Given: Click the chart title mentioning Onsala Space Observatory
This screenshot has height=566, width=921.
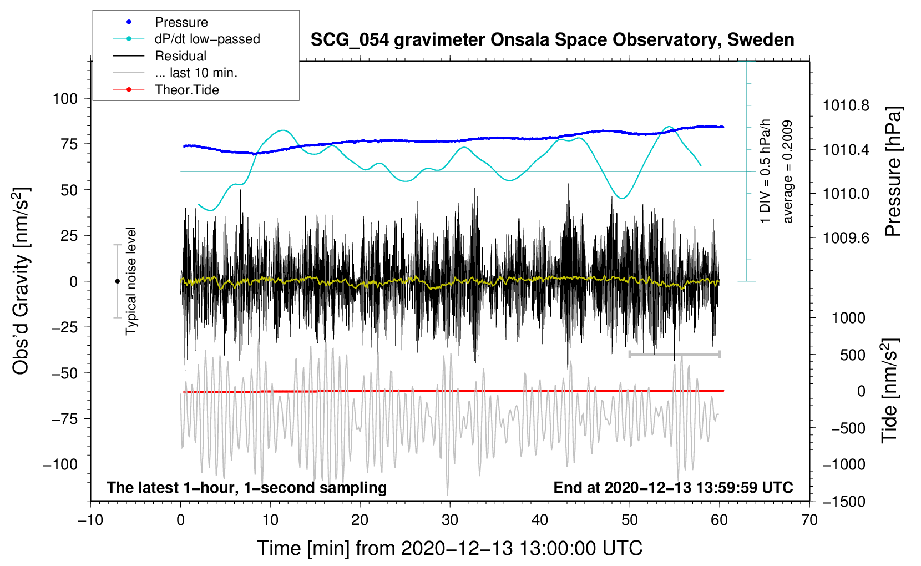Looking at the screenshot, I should [x=552, y=40].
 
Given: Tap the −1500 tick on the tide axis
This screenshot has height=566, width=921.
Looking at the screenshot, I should [x=843, y=502].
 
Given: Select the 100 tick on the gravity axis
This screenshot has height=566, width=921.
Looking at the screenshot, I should [x=65, y=99].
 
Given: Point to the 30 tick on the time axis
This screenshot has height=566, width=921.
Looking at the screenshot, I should [x=450, y=520].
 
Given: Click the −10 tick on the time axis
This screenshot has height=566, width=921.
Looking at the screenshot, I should [x=90, y=520].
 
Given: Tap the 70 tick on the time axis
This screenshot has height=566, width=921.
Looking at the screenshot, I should [x=809, y=520].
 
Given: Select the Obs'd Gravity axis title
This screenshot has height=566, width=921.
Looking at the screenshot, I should [x=21, y=281].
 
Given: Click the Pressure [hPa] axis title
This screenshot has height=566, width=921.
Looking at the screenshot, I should [x=893, y=172].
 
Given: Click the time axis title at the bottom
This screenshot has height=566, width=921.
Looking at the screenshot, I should [x=450, y=548].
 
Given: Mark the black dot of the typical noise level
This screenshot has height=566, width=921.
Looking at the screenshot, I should [x=117, y=281].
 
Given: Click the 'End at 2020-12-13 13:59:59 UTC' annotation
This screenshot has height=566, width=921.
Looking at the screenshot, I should [x=673, y=488].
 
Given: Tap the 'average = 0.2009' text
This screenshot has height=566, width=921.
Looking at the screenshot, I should [x=788, y=172].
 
